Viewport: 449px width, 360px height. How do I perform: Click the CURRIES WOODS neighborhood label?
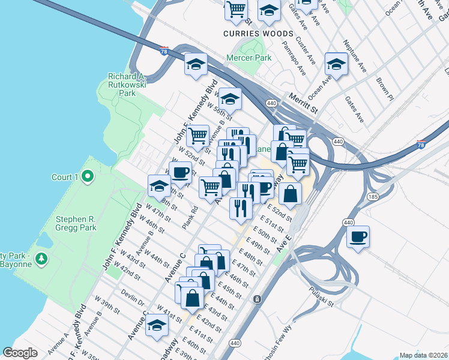coord(258,34)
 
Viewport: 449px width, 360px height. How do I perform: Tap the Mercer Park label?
coord(249,58)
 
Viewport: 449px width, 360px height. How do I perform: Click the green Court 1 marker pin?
coord(88,176)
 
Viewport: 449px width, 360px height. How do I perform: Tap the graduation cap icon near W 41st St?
coord(157,325)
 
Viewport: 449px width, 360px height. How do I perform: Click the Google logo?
coord(20,352)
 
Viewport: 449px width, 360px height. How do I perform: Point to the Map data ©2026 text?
coord(424,355)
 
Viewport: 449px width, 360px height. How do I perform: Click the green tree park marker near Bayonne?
coord(41,259)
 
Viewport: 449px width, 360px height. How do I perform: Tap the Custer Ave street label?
coord(306,52)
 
